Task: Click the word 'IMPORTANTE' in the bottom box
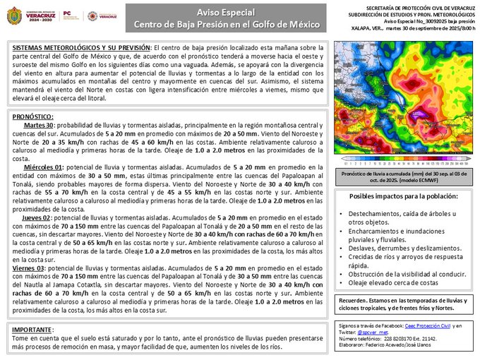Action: tap(32, 330)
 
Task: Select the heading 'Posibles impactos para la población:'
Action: tap(403, 196)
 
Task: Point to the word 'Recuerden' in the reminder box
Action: tap(354, 299)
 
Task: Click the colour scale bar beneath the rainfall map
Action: tap(404, 160)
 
